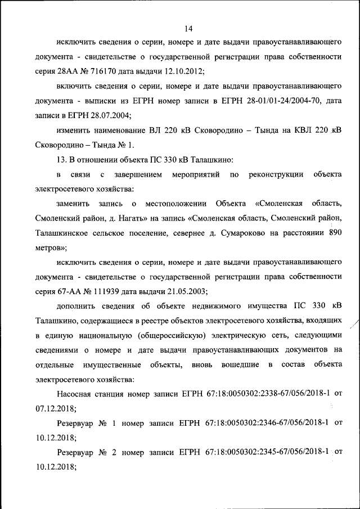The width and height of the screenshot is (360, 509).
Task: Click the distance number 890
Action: tap(334, 233)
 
